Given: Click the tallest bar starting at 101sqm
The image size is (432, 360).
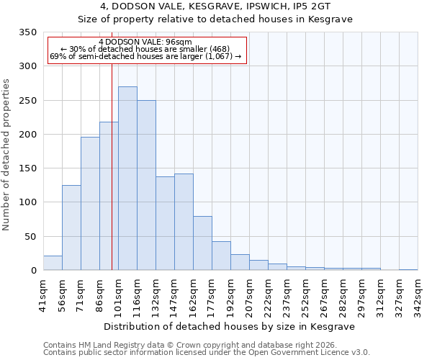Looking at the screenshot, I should (127, 179).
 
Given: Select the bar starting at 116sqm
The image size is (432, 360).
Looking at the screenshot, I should (146, 186).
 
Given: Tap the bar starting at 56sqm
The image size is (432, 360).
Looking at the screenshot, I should (71, 228).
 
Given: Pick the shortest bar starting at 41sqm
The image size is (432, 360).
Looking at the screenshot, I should (53, 263).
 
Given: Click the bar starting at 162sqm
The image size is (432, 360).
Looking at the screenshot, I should (202, 243).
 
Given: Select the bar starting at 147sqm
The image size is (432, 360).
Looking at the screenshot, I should (184, 222).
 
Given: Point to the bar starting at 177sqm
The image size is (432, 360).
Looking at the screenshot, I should (221, 256).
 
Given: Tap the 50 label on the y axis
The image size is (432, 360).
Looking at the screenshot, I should (30, 236).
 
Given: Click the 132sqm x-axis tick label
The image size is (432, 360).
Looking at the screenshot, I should (156, 294).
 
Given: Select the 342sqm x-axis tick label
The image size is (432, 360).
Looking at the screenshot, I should (418, 294).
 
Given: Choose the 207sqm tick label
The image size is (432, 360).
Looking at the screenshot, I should (250, 294).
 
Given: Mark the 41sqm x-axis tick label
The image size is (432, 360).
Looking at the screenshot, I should (44, 294).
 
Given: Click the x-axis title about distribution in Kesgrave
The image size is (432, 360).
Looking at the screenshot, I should (230, 326).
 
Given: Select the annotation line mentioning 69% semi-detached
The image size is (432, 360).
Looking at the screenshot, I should (147, 57).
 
